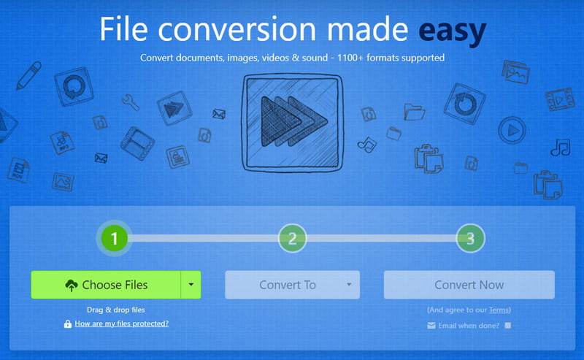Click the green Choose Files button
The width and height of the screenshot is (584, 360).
[106, 285]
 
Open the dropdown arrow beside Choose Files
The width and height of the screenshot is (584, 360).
[191, 285]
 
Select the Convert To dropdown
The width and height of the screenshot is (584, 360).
[292, 285]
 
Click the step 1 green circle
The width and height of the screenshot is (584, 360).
[115, 237]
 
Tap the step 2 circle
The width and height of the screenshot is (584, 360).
[292, 237]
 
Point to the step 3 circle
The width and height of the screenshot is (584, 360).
[470, 237]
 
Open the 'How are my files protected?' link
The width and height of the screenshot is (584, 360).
[121, 323]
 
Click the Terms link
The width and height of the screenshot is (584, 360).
[499, 310]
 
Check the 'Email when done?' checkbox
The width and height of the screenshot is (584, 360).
[508, 325]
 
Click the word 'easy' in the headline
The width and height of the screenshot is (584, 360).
[452, 31]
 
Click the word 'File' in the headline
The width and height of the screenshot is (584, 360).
[125, 31]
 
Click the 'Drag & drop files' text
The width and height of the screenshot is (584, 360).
[116, 310]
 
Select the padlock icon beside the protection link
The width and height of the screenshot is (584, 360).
[68, 323]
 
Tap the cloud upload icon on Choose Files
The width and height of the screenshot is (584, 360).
[72, 286]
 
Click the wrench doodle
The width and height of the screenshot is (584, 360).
[131, 102]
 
